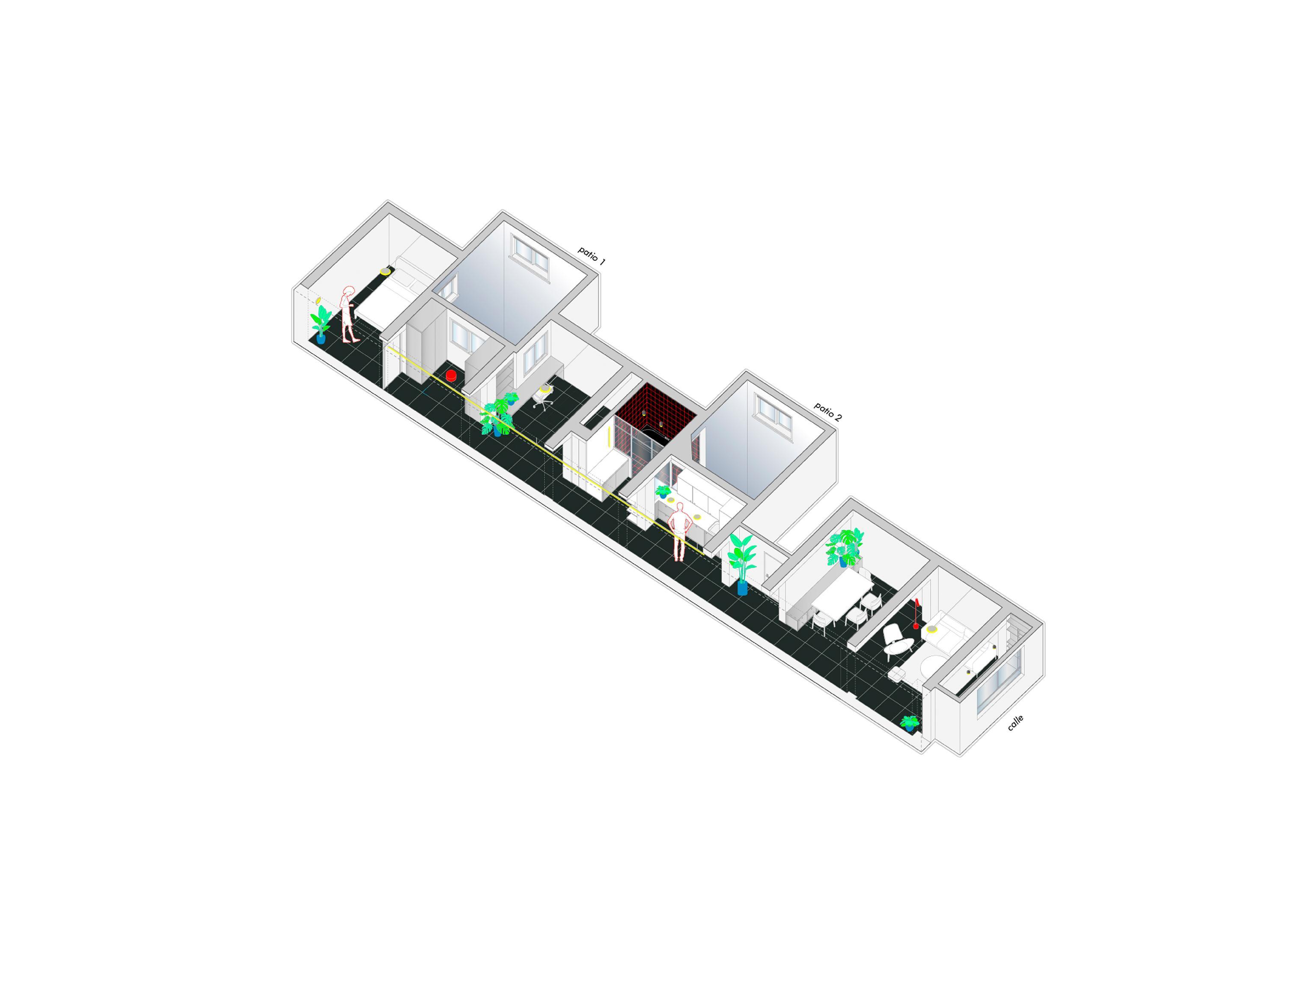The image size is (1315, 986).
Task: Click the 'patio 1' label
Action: click(592, 255)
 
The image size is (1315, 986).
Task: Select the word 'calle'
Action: click(1015, 723)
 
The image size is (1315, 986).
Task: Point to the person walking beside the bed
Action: click(349, 315)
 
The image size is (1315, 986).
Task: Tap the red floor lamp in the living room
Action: click(916, 615)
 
